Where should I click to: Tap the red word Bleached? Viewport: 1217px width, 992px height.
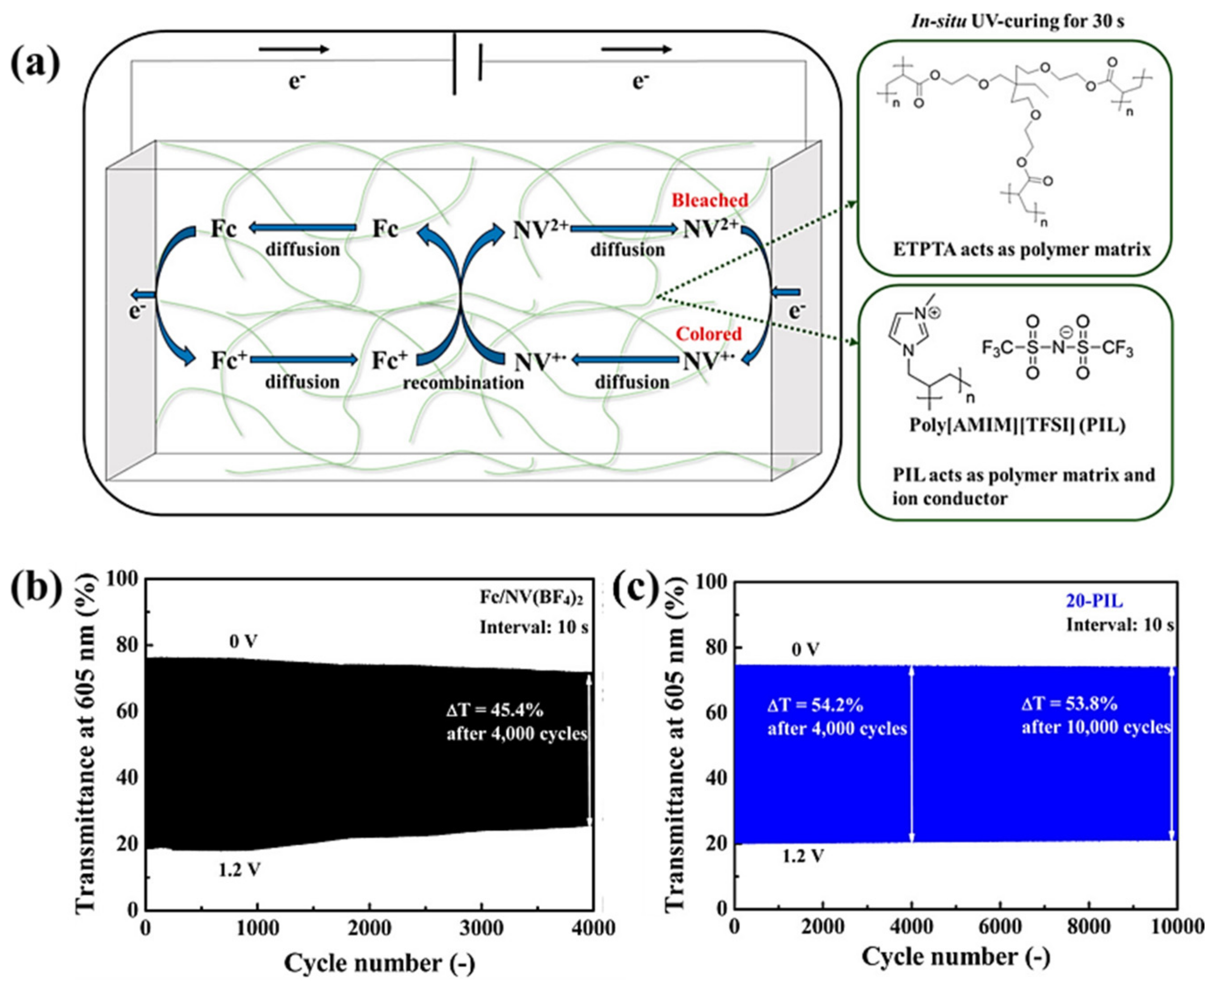coord(709,200)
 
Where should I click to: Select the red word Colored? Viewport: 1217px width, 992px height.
coord(709,334)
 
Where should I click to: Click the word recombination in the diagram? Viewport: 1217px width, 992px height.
coord(463,383)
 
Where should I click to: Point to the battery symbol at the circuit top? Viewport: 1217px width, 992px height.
coord(467,63)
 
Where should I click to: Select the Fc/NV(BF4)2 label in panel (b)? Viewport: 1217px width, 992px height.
coord(533,598)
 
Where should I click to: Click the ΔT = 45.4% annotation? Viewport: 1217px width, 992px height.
coord(495,710)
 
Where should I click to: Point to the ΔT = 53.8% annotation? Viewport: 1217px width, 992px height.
coord(1069,703)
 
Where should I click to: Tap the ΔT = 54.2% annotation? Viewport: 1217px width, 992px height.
coord(815,705)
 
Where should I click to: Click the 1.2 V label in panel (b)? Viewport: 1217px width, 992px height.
coord(239,870)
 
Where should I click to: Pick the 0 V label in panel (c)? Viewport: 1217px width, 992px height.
coord(805,649)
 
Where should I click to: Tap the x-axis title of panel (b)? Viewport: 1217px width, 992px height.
coord(379,963)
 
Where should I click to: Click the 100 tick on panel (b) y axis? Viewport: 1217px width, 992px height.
coord(122,580)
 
